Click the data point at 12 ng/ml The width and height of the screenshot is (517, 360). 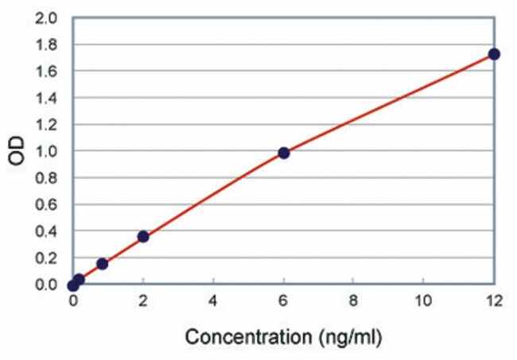[x=494, y=54]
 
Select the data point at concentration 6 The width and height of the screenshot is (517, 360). [x=284, y=153]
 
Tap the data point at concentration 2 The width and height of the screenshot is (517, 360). [x=143, y=236]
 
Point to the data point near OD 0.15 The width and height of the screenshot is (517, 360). [x=102, y=263]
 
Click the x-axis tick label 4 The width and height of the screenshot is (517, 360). [x=213, y=300]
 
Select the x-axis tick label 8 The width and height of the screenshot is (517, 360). [x=354, y=300]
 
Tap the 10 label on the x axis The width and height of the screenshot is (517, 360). [x=424, y=300]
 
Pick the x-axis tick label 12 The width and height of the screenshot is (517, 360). [x=494, y=300]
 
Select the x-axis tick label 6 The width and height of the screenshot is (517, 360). [x=284, y=300]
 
